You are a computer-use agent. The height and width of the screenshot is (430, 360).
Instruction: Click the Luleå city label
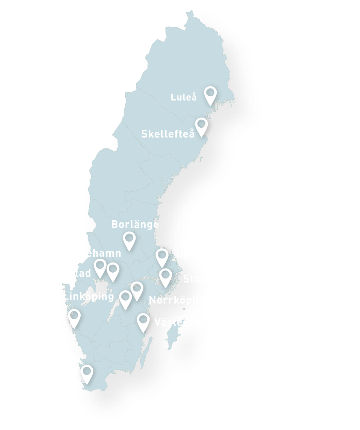pos(184,97)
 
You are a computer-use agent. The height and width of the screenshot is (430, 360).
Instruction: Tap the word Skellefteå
pos(168,134)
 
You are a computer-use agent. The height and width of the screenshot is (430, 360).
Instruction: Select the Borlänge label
pos(135,225)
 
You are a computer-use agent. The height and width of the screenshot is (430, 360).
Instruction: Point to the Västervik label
pos(179,322)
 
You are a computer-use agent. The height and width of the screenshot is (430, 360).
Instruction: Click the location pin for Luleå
pos(210,94)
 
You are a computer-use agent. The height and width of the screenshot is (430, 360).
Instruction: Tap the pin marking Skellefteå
pos(201,126)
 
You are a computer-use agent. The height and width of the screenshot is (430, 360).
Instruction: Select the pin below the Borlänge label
pos(129,240)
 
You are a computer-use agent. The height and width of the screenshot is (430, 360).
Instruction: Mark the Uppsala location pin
pos(162,257)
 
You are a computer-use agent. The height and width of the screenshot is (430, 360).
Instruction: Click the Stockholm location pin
pos(166,276)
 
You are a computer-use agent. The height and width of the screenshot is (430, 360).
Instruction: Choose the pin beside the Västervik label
pos(143,321)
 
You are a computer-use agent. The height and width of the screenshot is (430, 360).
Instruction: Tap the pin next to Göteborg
pos(74,317)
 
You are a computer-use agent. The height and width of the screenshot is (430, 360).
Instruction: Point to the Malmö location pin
pos(87,373)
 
